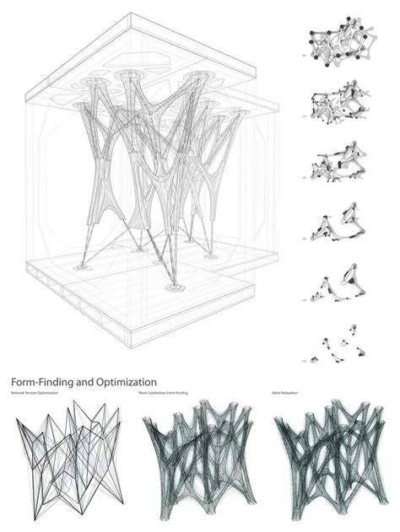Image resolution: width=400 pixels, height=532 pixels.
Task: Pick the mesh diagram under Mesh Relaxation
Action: coord(330,459)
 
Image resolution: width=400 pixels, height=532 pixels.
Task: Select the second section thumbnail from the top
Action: coord(338,105)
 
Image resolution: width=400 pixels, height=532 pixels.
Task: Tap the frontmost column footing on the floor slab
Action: coord(176,288)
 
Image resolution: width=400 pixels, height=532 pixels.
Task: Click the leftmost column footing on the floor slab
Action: coord(82,266)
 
